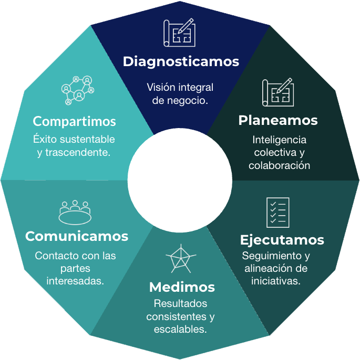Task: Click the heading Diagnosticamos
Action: (181, 61)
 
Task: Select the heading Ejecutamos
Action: (282, 240)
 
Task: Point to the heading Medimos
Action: (182, 287)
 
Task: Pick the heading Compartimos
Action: (74, 121)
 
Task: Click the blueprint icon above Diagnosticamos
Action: (179, 33)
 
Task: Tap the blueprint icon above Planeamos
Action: (277, 92)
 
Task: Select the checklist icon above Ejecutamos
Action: (277, 212)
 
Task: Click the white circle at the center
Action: (180, 179)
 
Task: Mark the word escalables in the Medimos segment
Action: (180, 330)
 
